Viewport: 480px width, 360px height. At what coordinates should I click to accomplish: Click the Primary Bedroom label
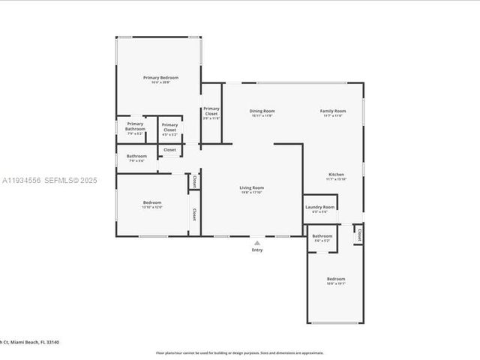(x=160, y=77)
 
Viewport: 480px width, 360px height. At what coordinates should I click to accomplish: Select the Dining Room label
(x=262, y=111)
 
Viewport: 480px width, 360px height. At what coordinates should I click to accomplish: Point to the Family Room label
(x=333, y=111)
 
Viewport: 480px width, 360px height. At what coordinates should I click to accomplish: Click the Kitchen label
(x=335, y=174)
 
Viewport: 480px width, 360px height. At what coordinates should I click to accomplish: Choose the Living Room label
(x=251, y=187)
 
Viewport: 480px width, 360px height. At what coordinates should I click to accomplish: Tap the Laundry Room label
(x=319, y=208)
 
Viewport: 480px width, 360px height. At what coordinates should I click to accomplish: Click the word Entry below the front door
(x=257, y=250)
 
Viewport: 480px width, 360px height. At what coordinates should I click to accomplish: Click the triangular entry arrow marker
(x=257, y=242)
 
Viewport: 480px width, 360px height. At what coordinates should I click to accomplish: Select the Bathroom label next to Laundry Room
(x=322, y=236)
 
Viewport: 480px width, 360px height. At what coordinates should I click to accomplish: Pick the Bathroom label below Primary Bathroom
(x=136, y=156)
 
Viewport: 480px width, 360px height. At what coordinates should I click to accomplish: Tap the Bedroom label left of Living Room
(x=152, y=202)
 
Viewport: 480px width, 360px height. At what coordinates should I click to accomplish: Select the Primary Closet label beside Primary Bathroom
(x=169, y=127)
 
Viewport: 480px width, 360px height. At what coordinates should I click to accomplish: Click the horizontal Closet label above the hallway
(x=169, y=149)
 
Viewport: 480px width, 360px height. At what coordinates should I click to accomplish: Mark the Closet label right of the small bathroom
(x=358, y=235)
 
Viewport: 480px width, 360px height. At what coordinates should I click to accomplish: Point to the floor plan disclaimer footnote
(x=240, y=352)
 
